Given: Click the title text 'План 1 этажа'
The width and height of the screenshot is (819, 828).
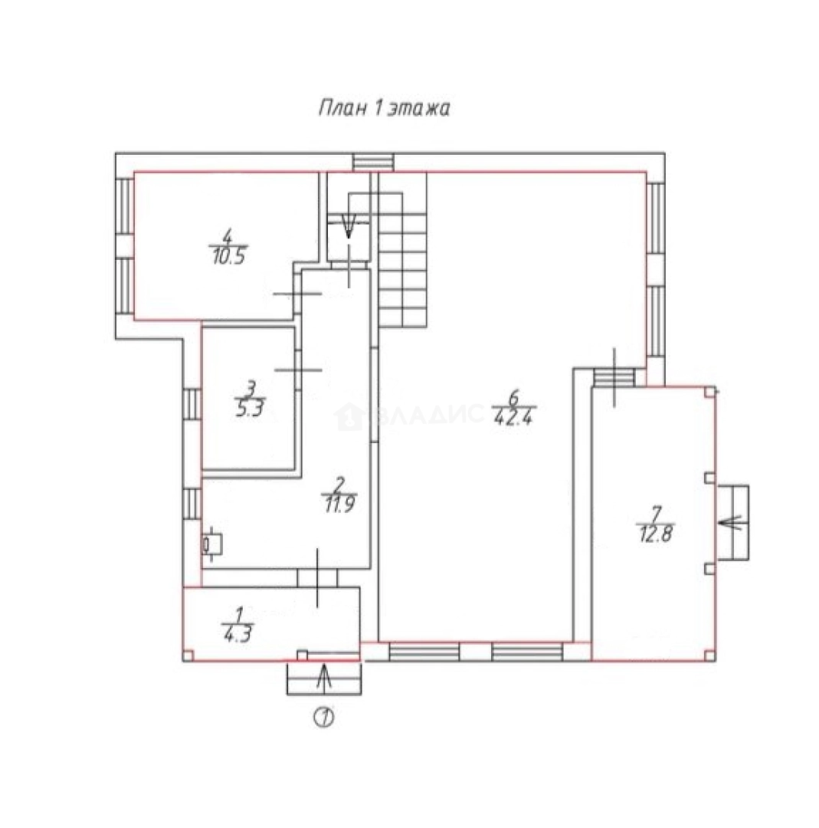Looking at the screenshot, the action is click(384, 108).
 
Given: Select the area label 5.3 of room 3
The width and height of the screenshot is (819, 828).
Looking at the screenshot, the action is click(249, 409).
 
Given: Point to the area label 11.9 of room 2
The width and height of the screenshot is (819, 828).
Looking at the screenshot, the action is click(339, 504).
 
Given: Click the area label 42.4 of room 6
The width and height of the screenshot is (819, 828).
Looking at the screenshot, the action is click(514, 418).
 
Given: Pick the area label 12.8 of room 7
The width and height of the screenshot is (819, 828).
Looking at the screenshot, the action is click(655, 534).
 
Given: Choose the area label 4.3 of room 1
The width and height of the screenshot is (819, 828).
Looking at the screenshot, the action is click(238, 634).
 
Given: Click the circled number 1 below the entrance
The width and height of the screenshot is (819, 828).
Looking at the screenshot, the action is click(324, 717).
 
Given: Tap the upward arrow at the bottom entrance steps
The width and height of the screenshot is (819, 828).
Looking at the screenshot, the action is click(324, 678).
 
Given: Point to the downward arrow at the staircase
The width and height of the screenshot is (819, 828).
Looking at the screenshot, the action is click(349, 225).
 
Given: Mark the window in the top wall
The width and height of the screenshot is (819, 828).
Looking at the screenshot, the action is click(374, 163).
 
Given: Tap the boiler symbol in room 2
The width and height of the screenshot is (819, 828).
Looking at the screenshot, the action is click(212, 544).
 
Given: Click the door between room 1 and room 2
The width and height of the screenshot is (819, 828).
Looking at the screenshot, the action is click(317, 578).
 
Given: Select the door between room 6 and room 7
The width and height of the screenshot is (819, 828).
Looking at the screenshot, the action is click(614, 377).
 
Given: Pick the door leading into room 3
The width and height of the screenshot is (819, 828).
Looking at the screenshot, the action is click(297, 370).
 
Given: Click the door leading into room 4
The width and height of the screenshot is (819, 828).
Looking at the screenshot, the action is click(297, 294).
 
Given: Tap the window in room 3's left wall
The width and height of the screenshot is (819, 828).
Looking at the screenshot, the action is click(192, 404).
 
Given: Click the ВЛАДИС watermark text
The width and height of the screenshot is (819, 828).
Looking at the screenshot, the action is click(409, 415).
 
